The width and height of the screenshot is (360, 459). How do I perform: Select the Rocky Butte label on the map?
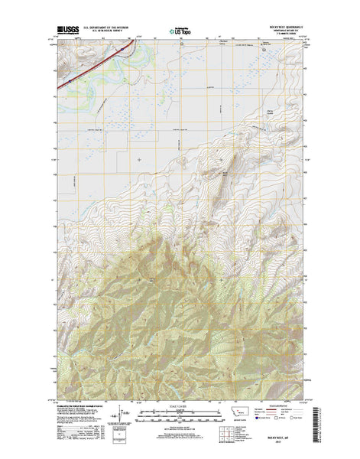point(225,174)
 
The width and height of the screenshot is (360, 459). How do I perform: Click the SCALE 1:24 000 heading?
point(180,406)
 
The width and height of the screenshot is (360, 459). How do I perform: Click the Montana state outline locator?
point(236,412)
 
